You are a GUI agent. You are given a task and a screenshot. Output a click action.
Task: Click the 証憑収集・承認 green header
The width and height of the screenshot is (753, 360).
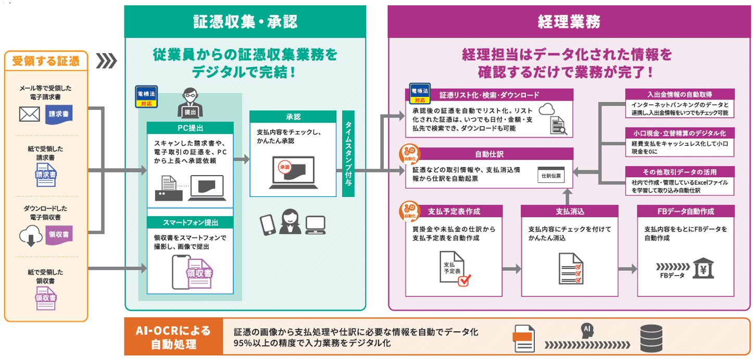coord(245,22)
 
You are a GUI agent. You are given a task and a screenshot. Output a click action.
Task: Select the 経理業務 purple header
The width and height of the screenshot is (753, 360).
coord(569,22)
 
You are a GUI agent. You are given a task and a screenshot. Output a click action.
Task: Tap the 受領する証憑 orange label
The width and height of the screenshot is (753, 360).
coord(46,61)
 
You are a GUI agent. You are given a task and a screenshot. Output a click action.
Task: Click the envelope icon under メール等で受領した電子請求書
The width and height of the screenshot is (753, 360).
coord(29,114)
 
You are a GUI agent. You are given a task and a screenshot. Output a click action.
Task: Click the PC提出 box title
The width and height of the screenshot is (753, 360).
coord(190,128)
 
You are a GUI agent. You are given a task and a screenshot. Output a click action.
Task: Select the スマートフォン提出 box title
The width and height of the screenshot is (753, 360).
coord(190,223)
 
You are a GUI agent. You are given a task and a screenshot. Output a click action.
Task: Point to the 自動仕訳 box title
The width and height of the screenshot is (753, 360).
coord(489,154)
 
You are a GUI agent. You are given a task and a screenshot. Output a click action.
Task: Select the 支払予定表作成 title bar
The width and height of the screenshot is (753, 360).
coord(454,212)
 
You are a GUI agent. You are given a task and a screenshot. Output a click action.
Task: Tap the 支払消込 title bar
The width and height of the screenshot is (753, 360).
coord(569,212)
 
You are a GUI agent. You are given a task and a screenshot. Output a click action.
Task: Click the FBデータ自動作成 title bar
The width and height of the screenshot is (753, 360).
coord(685,212)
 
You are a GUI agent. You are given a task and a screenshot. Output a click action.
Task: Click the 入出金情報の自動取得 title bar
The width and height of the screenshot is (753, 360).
coord(680,94)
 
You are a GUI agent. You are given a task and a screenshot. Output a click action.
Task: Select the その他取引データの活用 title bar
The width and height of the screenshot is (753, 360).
coord(680,172)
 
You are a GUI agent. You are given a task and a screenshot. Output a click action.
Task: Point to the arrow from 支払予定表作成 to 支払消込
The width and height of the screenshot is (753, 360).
coord(511,269)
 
